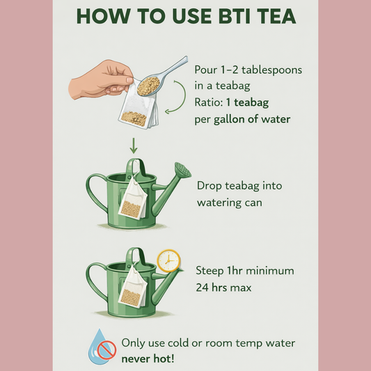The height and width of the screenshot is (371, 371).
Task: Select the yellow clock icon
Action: tap(168, 261)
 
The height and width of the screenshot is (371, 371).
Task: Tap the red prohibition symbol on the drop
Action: tap(105, 351)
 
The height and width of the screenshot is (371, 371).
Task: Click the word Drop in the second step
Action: tap(211, 186)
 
